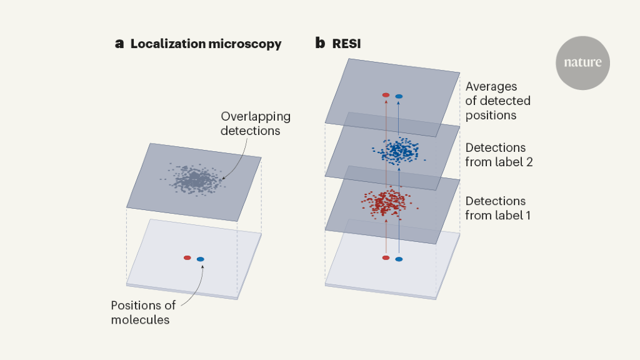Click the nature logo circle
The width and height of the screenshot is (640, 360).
[x=582, y=62]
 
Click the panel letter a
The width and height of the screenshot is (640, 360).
[x=120, y=44]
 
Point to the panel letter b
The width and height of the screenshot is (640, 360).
[x=320, y=43]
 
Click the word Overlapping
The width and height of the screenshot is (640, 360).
[x=256, y=117]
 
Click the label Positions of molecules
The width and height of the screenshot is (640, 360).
[x=143, y=312]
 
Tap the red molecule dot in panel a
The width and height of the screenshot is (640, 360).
[x=187, y=257]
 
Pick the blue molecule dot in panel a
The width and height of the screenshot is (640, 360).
[x=201, y=259]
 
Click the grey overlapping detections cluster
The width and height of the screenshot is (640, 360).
[x=194, y=180]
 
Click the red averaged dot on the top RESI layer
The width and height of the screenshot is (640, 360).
[x=386, y=95]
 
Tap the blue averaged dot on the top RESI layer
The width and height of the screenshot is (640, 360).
[x=399, y=96]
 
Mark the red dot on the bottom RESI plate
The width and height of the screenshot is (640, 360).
[x=386, y=257]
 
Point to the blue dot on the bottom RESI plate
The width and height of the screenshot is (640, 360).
[x=399, y=259]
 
